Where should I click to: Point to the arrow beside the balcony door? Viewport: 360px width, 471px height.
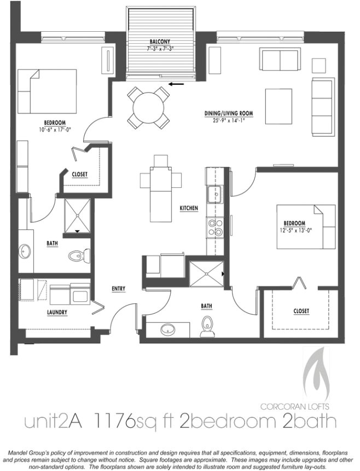176,84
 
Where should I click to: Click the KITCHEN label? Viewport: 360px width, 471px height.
189,209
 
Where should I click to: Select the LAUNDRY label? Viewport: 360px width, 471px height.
57,313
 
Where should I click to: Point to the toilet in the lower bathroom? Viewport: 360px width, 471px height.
207,324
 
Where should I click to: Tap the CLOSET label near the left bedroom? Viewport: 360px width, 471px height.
80,175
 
